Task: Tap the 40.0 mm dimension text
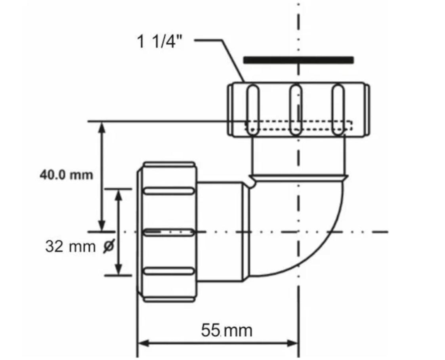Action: point(66,175)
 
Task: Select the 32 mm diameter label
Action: point(70,247)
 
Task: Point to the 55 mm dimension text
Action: point(226,330)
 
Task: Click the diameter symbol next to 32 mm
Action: point(108,247)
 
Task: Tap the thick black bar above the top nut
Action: point(298,60)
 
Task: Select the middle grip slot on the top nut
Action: point(296,110)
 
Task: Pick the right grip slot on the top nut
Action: point(338,110)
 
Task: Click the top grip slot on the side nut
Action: point(169,191)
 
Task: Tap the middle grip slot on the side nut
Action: point(169,232)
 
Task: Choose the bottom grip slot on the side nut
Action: point(169,271)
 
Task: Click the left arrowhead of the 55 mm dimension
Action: point(143,343)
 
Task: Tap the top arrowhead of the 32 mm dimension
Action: point(118,194)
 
